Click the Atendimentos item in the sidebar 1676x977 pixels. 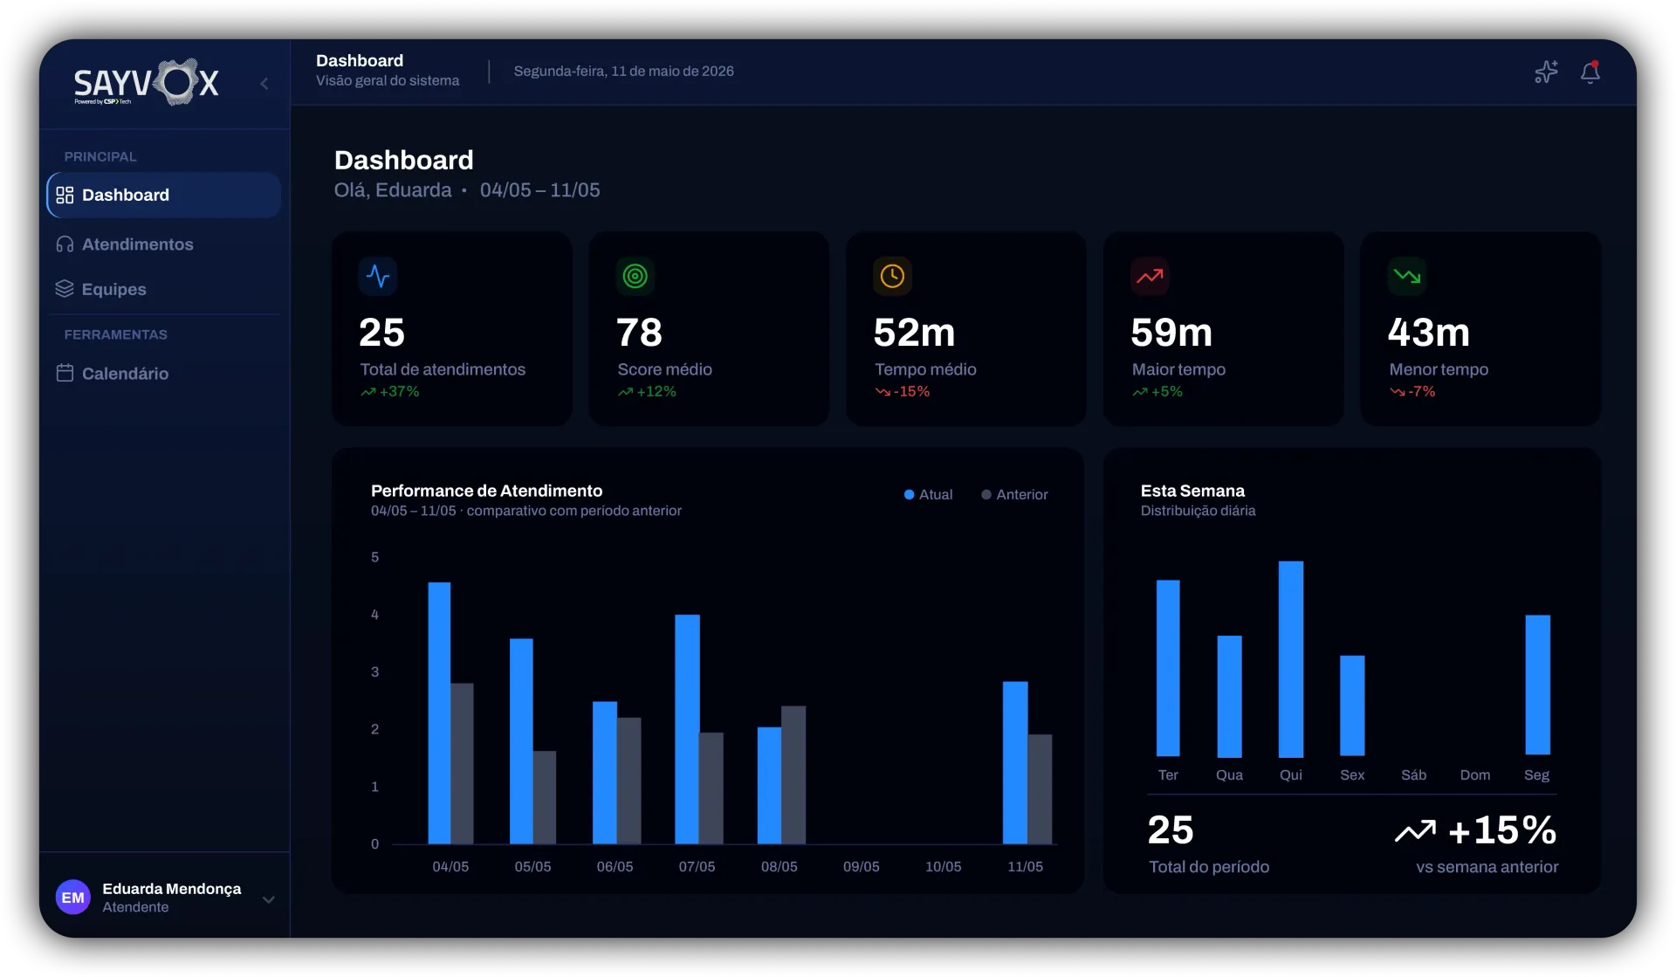(125, 244)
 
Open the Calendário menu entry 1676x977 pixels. (113, 374)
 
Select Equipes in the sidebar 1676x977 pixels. (101, 289)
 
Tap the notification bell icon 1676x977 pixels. (1590, 72)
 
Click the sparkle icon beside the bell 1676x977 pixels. (1546, 72)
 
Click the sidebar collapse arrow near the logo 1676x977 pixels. (264, 84)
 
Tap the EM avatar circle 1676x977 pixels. (73, 898)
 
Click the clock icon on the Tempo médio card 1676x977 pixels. (892, 276)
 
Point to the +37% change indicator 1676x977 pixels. (390, 392)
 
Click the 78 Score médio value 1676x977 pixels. (639, 333)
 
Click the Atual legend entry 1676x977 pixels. (928, 494)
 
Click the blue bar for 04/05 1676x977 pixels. (439, 712)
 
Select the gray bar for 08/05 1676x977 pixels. (793, 774)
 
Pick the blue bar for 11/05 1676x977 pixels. (1015, 762)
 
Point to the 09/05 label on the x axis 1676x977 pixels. (861, 867)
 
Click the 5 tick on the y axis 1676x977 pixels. (375, 557)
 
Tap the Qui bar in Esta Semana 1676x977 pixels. (1291, 659)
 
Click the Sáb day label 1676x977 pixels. (1413, 775)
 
